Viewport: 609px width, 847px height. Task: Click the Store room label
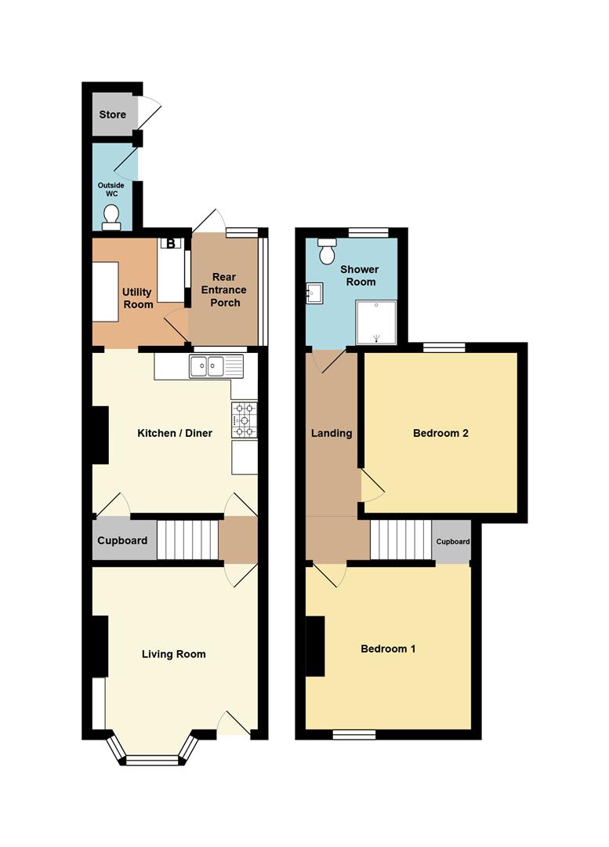pyautogui.click(x=112, y=115)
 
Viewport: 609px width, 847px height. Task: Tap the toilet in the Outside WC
pyautogui.click(x=112, y=218)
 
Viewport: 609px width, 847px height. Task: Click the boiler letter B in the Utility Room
pyautogui.click(x=171, y=243)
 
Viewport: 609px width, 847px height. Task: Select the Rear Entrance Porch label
pyautogui.click(x=224, y=289)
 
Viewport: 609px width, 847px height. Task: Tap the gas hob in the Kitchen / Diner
pyautogui.click(x=244, y=420)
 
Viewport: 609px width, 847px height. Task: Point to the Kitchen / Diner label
pyautogui.click(x=174, y=433)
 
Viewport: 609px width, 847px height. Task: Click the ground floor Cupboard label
pyautogui.click(x=122, y=540)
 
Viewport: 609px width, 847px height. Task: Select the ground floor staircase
pyautogui.click(x=188, y=540)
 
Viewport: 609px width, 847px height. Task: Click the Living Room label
pyautogui.click(x=173, y=654)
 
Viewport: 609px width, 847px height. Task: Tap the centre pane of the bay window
pyautogui.click(x=152, y=761)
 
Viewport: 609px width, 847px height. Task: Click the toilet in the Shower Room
pyautogui.click(x=327, y=251)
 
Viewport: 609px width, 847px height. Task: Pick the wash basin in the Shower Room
pyautogui.click(x=314, y=294)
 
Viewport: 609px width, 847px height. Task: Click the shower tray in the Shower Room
pyautogui.click(x=375, y=322)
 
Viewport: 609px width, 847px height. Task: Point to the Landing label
pyautogui.click(x=332, y=433)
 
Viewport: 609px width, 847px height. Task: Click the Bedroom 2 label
pyautogui.click(x=440, y=433)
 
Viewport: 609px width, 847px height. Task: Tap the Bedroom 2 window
pyautogui.click(x=444, y=347)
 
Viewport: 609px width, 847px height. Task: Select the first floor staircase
pyautogui.click(x=401, y=540)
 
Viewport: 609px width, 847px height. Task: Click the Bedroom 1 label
pyautogui.click(x=388, y=649)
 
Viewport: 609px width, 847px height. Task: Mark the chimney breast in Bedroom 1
pyautogui.click(x=315, y=646)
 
